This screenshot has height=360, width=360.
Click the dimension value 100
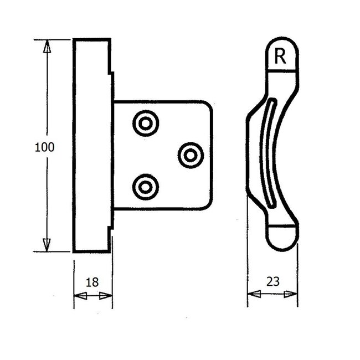[x=44, y=147]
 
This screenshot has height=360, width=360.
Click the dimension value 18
[x=92, y=281]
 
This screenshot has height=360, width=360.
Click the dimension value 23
[x=272, y=281]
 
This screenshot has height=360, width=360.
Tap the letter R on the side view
[x=280, y=56]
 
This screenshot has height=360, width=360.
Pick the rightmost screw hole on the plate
[x=191, y=155]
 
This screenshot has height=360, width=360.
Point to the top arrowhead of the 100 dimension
[x=47, y=46]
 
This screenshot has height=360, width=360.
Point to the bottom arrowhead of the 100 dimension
[x=47, y=244]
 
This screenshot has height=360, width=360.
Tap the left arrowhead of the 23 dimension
[x=253, y=294]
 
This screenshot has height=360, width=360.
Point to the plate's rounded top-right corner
[x=208, y=106]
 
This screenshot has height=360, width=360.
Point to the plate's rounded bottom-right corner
[x=208, y=204]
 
